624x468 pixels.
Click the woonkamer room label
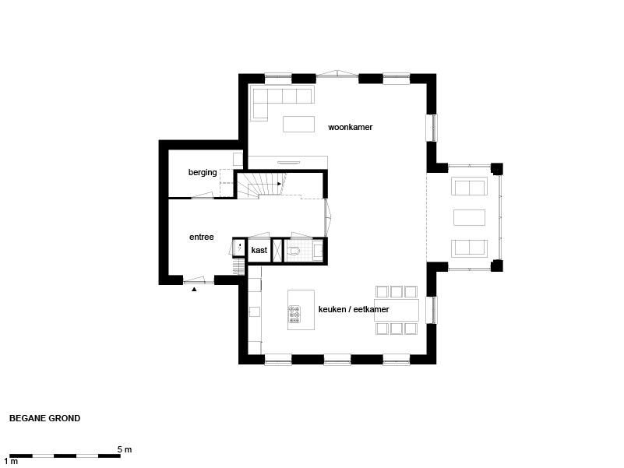[x=351, y=128]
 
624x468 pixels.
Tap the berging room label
[x=203, y=172]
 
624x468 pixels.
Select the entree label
[x=201, y=238]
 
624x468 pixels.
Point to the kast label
[x=259, y=250]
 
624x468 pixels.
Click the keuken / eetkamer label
[x=354, y=309]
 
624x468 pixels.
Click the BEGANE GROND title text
[x=44, y=418]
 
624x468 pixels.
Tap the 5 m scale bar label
[x=125, y=449]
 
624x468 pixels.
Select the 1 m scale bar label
[x=11, y=462]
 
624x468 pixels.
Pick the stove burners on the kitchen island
[x=294, y=315]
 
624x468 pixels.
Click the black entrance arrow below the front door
[x=194, y=290]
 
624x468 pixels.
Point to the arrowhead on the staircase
[x=280, y=184]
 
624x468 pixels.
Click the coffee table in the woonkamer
[x=299, y=124]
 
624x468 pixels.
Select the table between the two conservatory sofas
[x=469, y=218]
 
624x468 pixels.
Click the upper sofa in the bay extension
[x=469, y=186]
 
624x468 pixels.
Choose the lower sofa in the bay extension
[x=469, y=248]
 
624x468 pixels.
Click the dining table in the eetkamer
[x=397, y=310]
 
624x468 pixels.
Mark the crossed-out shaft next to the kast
[x=277, y=250]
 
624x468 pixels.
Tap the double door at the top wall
[x=338, y=74]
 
